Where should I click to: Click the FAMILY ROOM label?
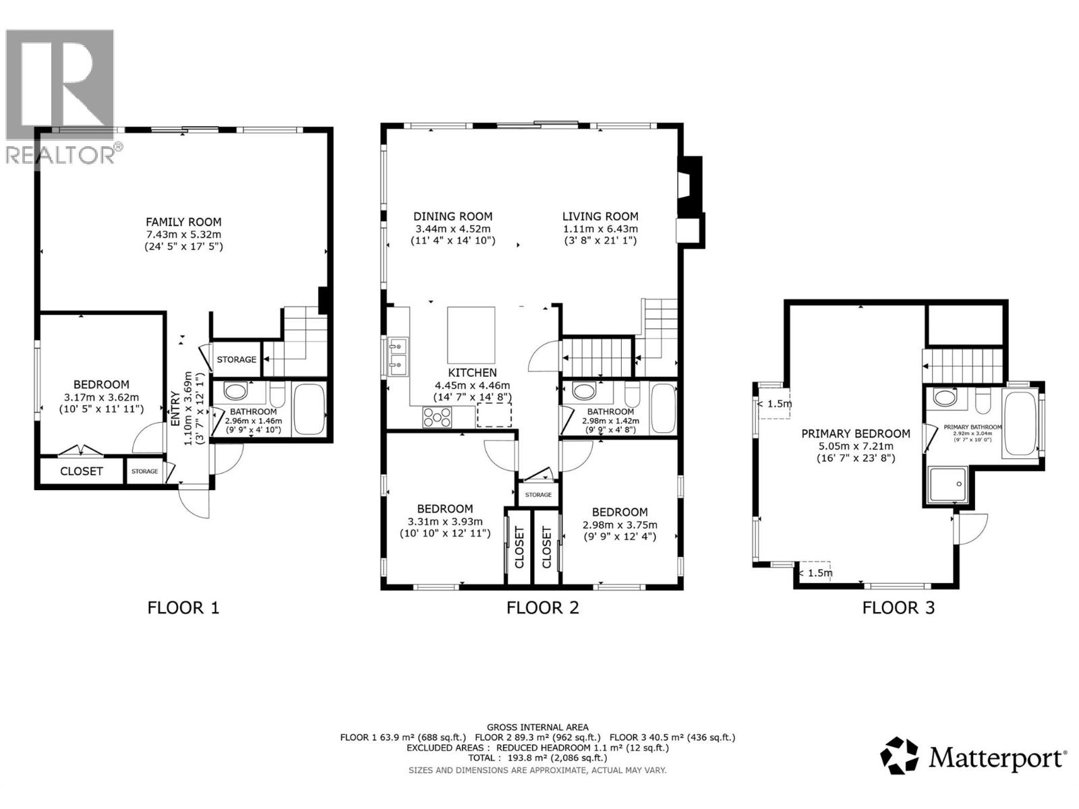[x=183, y=222]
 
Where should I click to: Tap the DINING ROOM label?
[x=453, y=216]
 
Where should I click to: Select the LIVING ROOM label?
[x=600, y=216]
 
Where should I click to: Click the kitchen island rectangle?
[x=471, y=335]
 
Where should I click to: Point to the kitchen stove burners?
[x=437, y=417]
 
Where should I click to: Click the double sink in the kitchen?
[x=397, y=355]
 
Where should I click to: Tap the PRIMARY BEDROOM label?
[x=855, y=433]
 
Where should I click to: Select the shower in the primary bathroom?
[x=949, y=485]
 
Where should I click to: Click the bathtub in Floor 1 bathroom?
[x=310, y=409]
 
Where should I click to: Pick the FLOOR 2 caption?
[x=542, y=607]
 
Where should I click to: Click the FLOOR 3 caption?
[x=898, y=607]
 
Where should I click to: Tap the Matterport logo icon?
[x=900, y=756]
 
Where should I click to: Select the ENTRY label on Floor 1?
[x=175, y=408]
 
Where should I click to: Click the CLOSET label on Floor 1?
[x=82, y=471]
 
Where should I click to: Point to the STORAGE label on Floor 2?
[x=538, y=495]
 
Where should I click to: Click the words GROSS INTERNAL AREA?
[x=537, y=727]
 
